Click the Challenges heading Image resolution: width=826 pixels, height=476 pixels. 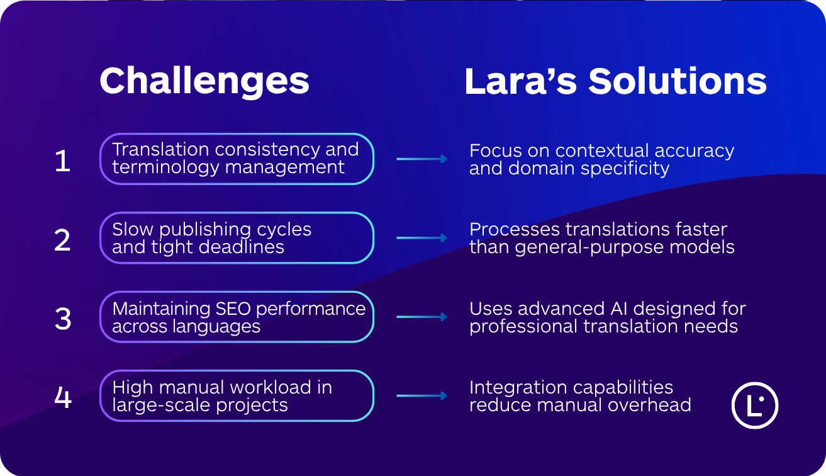coord(204,81)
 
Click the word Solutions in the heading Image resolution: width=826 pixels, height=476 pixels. coord(678,81)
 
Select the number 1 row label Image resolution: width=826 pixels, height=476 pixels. coord(62,161)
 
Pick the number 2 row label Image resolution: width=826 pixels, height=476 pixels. coord(62,240)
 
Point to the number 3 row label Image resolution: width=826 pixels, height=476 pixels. coord(62,319)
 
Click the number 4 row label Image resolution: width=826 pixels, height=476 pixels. coord(62,398)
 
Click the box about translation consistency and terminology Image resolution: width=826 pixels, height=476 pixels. coord(237,159)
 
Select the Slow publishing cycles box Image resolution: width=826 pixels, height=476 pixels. coord(237,238)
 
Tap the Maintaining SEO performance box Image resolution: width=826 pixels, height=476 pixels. coord(237,317)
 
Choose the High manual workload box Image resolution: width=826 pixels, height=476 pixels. coord(237,396)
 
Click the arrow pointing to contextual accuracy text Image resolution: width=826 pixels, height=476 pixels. coord(421,159)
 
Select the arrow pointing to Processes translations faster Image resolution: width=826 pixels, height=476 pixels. coord(421,238)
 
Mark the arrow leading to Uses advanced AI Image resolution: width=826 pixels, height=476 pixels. coord(421,317)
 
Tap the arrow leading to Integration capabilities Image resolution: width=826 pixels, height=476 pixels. coord(421,396)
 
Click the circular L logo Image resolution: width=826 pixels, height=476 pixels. coord(755,405)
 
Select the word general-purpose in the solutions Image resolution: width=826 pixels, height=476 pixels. coord(578,247)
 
